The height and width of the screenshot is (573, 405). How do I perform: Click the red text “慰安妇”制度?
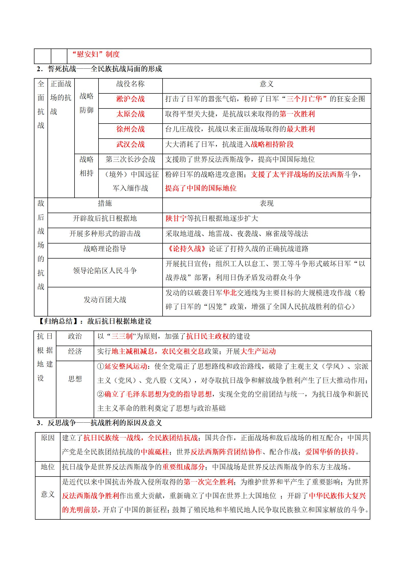(96, 54)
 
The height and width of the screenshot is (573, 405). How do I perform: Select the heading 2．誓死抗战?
(100, 69)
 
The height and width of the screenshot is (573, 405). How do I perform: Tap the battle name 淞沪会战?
(130, 99)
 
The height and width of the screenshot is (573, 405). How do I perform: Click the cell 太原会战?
(130, 114)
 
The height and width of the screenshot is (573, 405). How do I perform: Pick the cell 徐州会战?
(130, 129)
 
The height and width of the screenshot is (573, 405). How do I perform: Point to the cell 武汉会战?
(130, 144)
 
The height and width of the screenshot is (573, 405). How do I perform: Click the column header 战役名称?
(130, 84)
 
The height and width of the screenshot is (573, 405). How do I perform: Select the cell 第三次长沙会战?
(130, 160)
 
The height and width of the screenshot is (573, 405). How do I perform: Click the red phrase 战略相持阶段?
(272, 144)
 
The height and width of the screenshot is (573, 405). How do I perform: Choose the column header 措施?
(105, 203)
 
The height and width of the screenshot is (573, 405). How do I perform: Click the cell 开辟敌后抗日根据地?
(105, 218)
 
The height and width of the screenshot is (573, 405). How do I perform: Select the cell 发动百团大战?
(105, 300)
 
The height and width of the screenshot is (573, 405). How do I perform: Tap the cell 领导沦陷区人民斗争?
(105, 271)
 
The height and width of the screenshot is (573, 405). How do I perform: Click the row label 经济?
(75, 351)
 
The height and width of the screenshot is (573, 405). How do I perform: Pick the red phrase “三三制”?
(122, 336)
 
